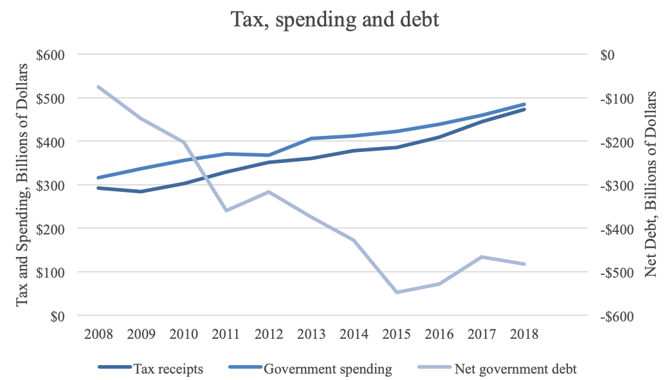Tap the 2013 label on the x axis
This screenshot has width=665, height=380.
[x=311, y=335]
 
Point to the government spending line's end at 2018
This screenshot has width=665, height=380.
[x=525, y=104]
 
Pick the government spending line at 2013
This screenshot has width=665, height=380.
[x=311, y=138]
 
